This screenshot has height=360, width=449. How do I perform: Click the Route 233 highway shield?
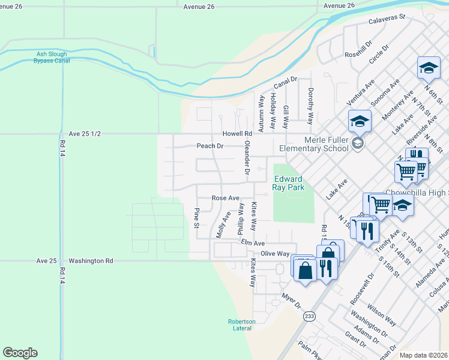point(309,316)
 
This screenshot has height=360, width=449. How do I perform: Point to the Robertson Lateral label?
point(242,325)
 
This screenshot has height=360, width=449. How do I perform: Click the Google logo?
point(20,353)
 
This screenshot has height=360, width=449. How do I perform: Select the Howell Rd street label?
point(237,133)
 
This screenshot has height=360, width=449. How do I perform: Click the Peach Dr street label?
point(210,146)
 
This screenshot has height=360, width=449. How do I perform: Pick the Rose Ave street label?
point(226,197)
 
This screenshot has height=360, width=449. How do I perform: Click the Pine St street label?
point(196,218)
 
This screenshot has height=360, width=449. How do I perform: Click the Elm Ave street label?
point(253,243)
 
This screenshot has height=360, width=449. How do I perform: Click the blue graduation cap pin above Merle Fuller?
point(360,121)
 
